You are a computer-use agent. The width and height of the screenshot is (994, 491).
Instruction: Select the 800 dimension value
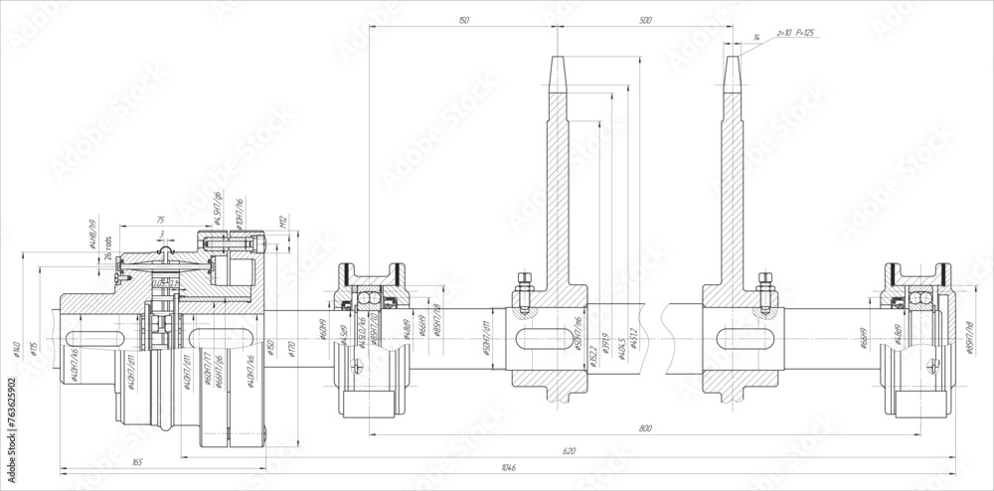click(646, 428)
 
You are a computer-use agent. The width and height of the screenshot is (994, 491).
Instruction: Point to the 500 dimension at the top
click(645, 20)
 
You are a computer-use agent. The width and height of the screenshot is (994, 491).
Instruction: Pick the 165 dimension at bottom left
click(136, 461)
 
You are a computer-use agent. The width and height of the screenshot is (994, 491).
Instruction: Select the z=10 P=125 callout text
click(794, 33)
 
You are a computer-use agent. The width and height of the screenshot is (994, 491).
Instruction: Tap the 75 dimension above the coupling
click(160, 220)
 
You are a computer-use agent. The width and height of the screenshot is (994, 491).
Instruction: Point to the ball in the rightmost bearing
click(919, 298)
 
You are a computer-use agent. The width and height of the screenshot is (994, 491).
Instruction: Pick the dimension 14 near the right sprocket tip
click(756, 37)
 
